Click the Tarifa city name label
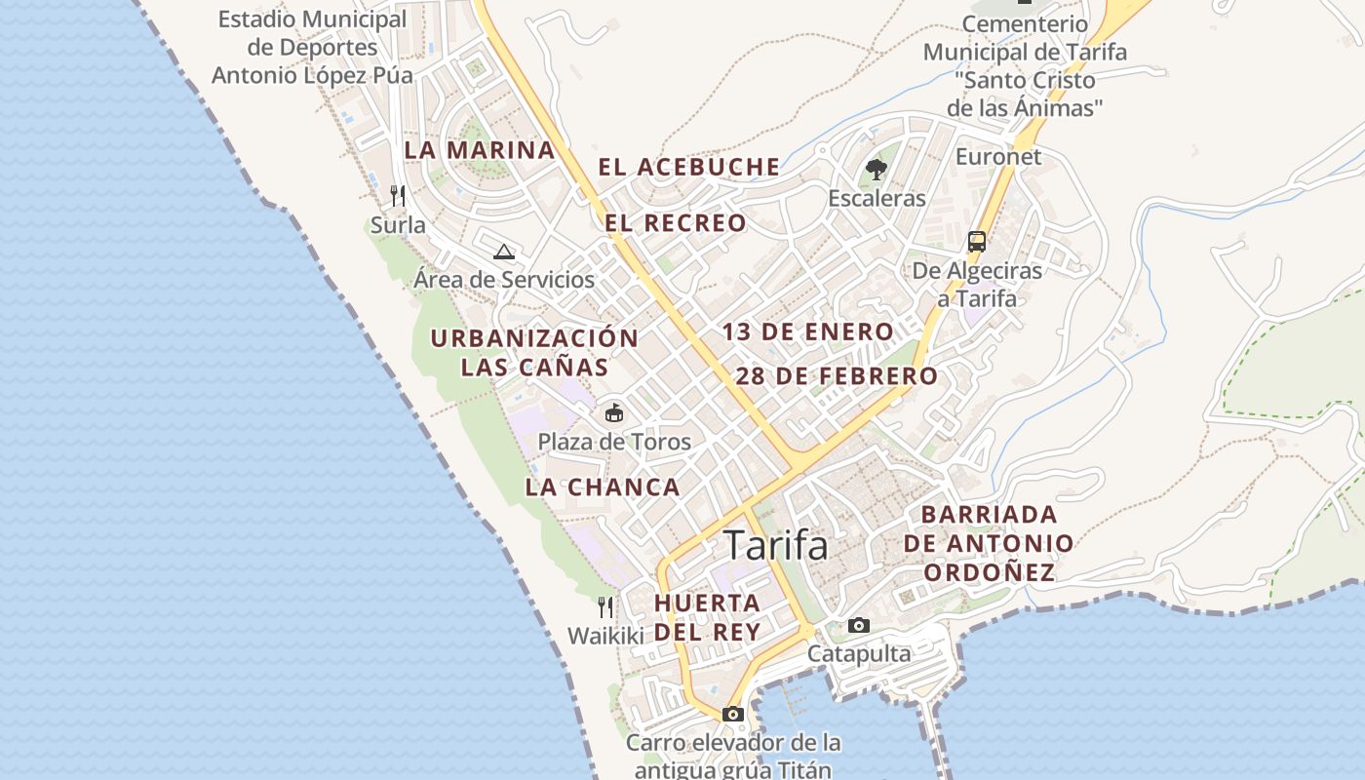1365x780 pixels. tap(776, 546)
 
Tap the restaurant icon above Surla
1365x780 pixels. tap(398, 196)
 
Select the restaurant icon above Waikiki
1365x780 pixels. tap(605, 607)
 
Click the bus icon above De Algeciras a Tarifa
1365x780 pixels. tap(976, 242)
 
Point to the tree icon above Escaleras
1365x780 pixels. tap(877, 170)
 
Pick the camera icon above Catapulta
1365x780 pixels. tap(858, 625)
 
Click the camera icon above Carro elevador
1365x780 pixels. tap(733, 714)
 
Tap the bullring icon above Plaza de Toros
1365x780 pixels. tap(613, 413)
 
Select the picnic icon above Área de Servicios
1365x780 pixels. tap(503, 253)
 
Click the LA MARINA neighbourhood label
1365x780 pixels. tap(480, 150)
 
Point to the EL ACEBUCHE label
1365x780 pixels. tap(689, 167)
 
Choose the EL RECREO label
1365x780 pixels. tap(676, 223)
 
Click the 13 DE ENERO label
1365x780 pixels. tap(807, 331)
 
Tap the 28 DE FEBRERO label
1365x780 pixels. tap(837, 375)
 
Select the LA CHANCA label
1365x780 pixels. tap(603, 487)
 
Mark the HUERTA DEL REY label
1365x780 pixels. tap(707, 617)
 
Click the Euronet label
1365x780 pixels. tap(998, 156)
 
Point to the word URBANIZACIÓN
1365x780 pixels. tap(534, 338)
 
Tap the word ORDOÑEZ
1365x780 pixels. tap(990, 572)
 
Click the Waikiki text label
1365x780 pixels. tap(606, 636)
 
